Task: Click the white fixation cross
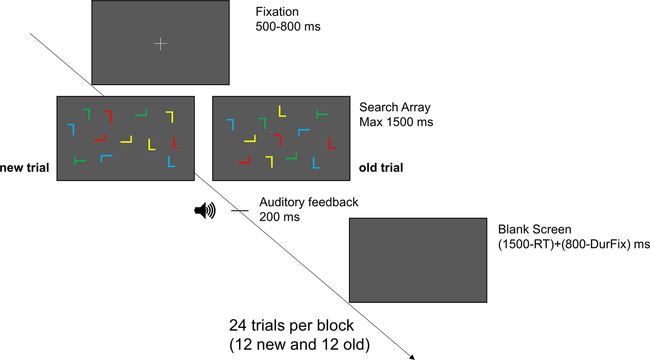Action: click(x=161, y=44)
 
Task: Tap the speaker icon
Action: click(x=205, y=211)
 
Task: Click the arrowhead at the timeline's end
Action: click(x=412, y=357)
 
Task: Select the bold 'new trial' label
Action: click(x=24, y=168)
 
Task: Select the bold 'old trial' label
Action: click(x=381, y=168)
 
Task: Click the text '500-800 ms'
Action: click(x=288, y=27)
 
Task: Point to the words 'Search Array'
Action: click(x=395, y=107)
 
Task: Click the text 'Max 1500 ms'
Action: click(x=396, y=122)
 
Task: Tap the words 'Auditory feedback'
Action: click(x=308, y=202)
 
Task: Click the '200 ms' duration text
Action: click(x=280, y=217)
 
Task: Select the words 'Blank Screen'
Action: click(x=534, y=229)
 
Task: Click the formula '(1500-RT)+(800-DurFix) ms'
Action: click(x=574, y=244)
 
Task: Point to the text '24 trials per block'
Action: click(x=291, y=325)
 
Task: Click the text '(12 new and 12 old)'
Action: click(x=300, y=345)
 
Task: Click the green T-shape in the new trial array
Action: click(x=80, y=161)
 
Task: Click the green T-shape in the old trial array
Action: click(x=322, y=114)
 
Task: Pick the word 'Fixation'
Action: click(x=277, y=12)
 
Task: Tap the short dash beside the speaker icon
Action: click(x=240, y=211)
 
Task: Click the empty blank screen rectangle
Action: click(x=418, y=260)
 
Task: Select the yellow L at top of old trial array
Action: click(x=282, y=111)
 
